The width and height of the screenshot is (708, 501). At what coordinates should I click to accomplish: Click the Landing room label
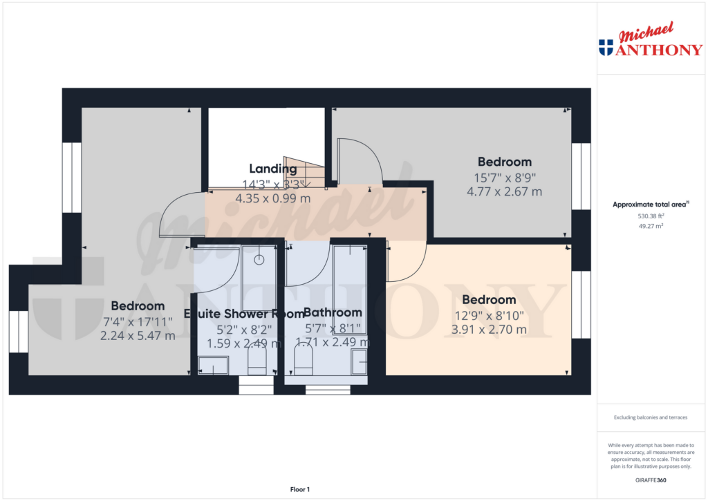[x=272, y=169]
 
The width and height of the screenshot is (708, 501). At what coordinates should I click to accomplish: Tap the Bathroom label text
[x=333, y=312]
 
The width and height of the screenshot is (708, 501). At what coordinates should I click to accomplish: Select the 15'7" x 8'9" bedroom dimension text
[x=504, y=177]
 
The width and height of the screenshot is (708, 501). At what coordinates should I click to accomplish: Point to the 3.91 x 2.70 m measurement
[x=489, y=330]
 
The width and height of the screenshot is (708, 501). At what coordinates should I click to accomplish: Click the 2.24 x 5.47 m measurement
[x=138, y=336]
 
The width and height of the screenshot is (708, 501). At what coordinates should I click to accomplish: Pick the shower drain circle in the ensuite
[x=259, y=260]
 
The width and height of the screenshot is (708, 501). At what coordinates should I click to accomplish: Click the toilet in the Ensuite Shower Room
[x=257, y=361]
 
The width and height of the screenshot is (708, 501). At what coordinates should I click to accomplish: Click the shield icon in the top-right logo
[x=606, y=47]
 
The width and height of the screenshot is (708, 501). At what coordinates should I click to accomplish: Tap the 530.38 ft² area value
[x=651, y=216]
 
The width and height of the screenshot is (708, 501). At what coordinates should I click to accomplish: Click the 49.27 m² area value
[x=651, y=225]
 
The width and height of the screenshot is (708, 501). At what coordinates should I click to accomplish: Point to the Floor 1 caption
[x=299, y=489]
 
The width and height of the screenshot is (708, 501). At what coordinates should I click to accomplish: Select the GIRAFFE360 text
[x=651, y=480]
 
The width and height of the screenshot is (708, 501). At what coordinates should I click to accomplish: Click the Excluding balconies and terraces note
[x=651, y=417]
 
